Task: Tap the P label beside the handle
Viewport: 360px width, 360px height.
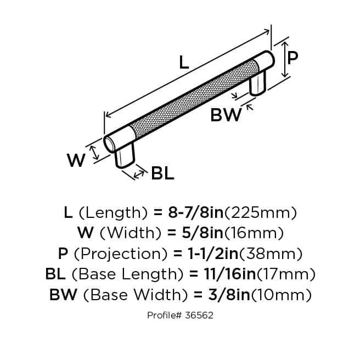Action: [293, 57]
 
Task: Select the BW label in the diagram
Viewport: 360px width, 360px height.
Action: [226, 116]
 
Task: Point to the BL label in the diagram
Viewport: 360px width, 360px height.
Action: [162, 174]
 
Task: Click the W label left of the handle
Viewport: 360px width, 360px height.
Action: [76, 160]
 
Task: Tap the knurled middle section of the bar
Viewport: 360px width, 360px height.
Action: [192, 96]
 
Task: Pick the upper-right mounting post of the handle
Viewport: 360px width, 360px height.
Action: [258, 82]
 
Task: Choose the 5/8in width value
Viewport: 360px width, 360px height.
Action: [197, 233]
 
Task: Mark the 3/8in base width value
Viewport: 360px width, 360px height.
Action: [224, 295]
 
